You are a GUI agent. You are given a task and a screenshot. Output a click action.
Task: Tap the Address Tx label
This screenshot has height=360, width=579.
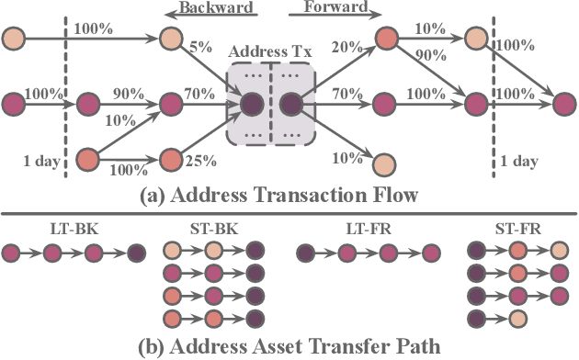[x=271, y=50]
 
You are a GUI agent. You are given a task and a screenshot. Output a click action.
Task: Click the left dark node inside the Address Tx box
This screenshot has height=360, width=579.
[x=251, y=104]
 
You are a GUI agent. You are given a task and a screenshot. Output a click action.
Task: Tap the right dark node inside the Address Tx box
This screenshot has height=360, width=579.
[x=291, y=104]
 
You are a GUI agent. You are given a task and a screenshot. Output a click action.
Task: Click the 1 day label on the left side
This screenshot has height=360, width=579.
[x=40, y=162]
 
